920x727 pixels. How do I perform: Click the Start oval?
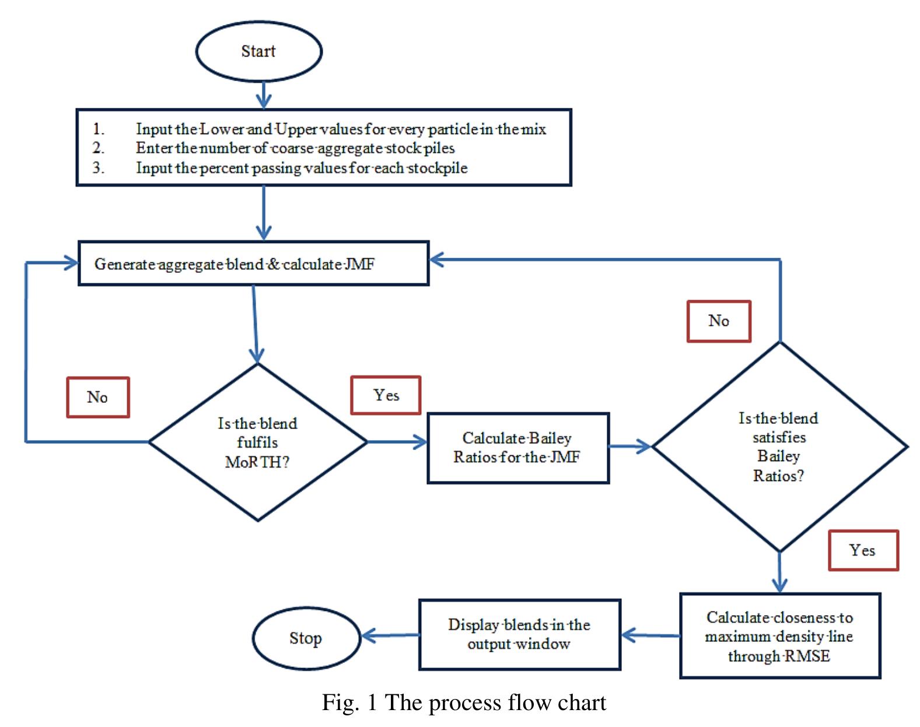[258, 52]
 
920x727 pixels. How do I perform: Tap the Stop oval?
[306, 638]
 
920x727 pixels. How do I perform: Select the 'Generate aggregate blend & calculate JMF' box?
[253, 264]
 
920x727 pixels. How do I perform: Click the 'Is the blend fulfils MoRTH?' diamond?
[257, 442]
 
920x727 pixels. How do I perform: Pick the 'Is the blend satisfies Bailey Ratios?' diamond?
[779, 447]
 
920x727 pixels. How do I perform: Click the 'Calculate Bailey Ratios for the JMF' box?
[517, 448]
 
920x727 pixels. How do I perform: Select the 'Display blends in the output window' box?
[519, 634]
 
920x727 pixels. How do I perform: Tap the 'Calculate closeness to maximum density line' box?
[779, 636]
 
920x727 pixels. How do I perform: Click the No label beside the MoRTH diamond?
[97, 397]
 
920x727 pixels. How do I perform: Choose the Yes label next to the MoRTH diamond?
[386, 395]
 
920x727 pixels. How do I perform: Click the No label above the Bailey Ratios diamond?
[718, 321]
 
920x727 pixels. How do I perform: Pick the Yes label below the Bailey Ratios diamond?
[863, 550]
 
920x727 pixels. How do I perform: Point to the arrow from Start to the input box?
[264, 95]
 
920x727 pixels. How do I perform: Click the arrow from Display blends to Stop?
[390, 635]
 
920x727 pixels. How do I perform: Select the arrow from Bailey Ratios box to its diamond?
[630, 447]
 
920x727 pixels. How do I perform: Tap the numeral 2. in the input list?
[99, 148]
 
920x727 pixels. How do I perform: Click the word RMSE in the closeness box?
[807, 656]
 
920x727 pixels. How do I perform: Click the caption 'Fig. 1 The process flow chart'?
[464, 703]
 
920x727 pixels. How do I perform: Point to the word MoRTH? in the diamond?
[257, 462]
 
